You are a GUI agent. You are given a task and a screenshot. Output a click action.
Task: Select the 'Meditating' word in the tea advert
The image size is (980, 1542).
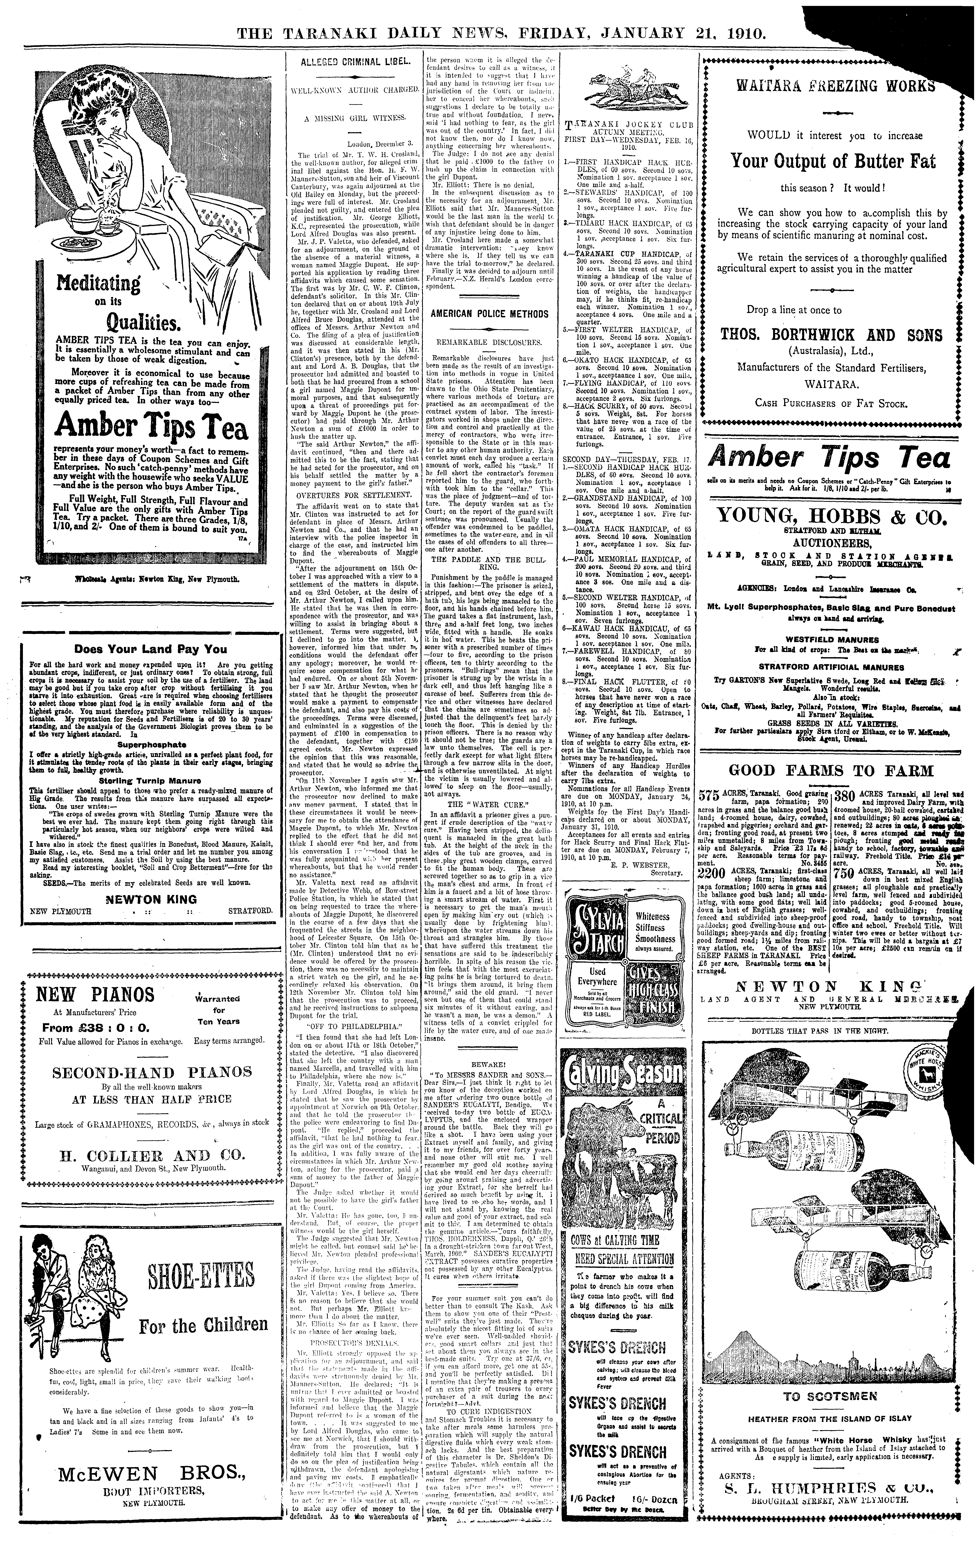[x=99, y=282]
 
